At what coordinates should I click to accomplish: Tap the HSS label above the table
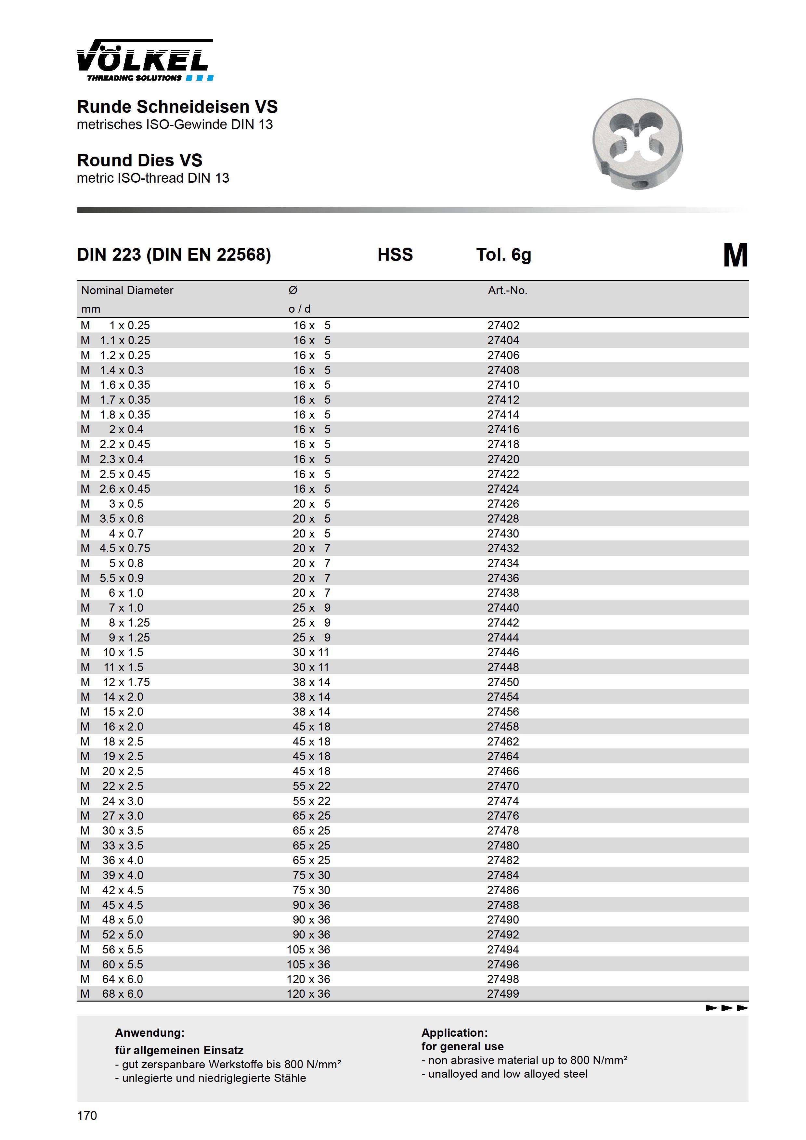[395, 255]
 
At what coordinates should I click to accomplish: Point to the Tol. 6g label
[503, 255]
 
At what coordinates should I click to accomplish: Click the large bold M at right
[735, 256]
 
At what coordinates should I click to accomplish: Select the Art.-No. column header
[507, 291]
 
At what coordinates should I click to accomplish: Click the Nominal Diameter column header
[127, 291]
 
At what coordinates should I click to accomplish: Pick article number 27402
[503, 326]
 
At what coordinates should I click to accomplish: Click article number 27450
[503, 682]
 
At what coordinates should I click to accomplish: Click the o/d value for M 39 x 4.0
[311, 875]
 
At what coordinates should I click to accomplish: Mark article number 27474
[503, 801]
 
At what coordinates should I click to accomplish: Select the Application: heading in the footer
[454, 1033]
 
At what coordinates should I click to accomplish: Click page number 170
[87, 1116]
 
